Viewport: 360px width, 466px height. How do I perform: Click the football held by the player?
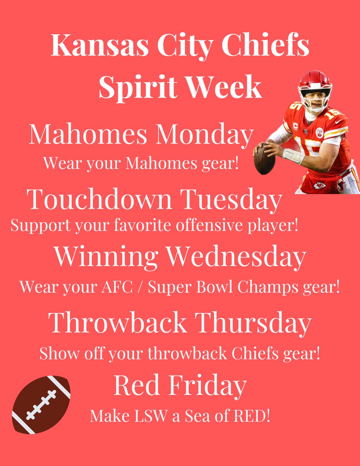264,159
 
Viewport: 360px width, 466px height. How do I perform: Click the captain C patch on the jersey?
295,127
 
